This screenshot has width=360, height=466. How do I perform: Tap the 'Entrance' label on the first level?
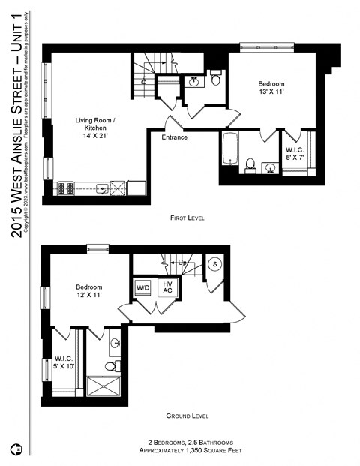pyautogui.click(x=174, y=137)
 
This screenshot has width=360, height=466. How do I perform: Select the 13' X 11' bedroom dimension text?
pyautogui.click(x=271, y=92)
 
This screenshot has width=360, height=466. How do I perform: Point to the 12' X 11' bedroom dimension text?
pyautogui.click(x=88, y=296)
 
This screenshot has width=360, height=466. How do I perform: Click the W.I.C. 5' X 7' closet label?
pyautogui.click(x=294, y=154)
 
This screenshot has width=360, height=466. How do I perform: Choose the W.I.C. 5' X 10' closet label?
pyautogui.click(x=64, y=362)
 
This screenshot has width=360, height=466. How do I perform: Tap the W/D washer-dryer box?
pyautogui.click(x=142, y=287)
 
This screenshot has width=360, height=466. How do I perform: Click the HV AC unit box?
pyautogui.click(x=168, y=287)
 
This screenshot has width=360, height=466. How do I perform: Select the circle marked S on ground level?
pyautogui.click(x=214, y=264)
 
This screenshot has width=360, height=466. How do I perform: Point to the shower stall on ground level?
pyautogui.click(x=108, y=385)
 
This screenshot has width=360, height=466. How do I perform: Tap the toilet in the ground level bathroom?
pyautogui.click(x=110, y=366)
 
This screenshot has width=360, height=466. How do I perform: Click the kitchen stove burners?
pyautogui.click(x=67, y=188)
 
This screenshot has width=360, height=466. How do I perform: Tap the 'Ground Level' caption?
pyautogui.click(x=187, y=416)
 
